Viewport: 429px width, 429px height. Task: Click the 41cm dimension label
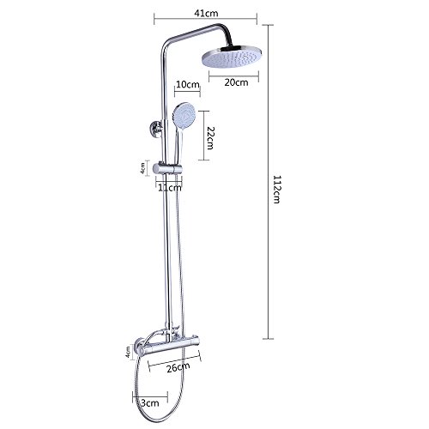206,13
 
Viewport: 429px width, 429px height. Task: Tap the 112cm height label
276,189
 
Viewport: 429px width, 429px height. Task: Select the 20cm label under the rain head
236,82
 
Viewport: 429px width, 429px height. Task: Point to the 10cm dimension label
187,84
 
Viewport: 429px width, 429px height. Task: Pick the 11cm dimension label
170,188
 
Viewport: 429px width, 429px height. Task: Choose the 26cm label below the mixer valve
178,367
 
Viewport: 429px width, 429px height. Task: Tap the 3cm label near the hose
150,403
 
